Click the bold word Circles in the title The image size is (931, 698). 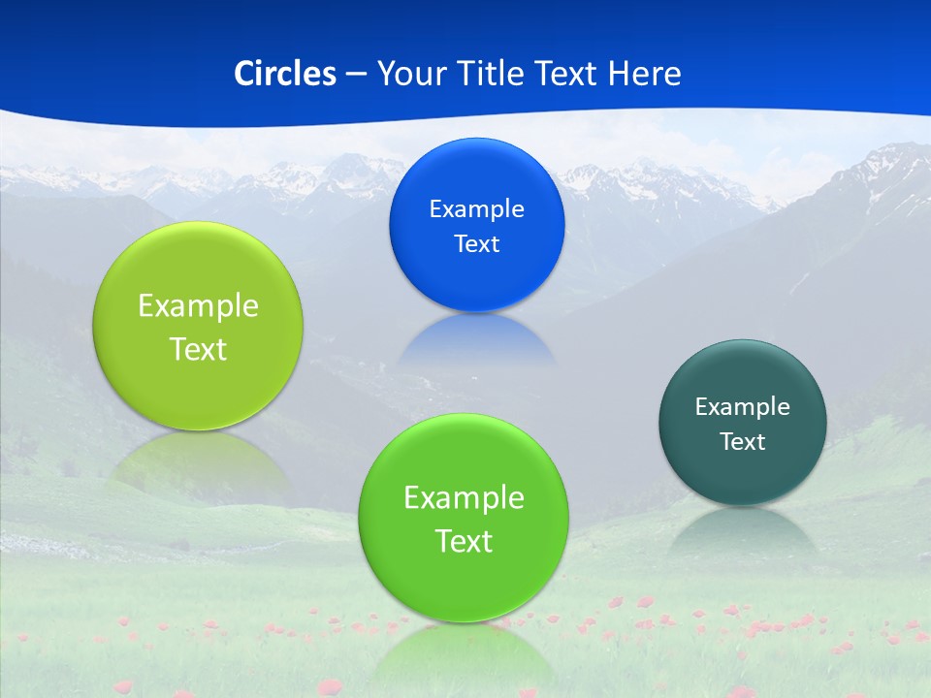click(284, 73)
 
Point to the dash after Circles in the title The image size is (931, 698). click(355, 74)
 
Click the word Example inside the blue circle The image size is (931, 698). click(476, 209)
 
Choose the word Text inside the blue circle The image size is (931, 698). click(476, 244)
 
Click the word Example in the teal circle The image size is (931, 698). click(743, 407)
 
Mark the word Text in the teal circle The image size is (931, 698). click(743, 442)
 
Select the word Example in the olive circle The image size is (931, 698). click(198, 306)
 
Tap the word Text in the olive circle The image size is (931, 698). click(198, 349)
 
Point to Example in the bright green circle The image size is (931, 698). click(464, 498)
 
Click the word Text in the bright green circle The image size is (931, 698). click(464, 541)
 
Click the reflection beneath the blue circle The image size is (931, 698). click(476, 339)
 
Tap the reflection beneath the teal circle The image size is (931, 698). click(743, 531)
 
